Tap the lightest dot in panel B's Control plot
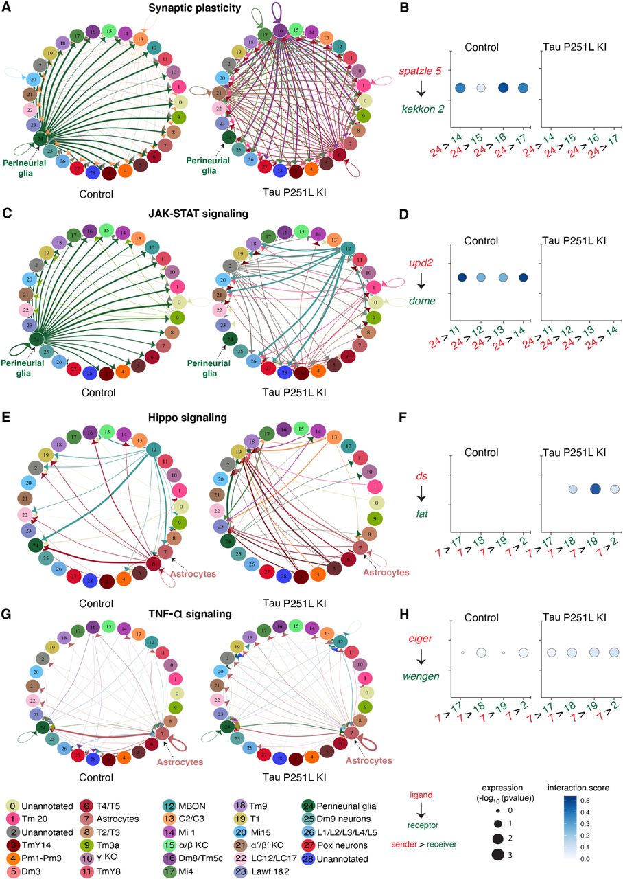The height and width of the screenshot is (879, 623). [481, 88]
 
